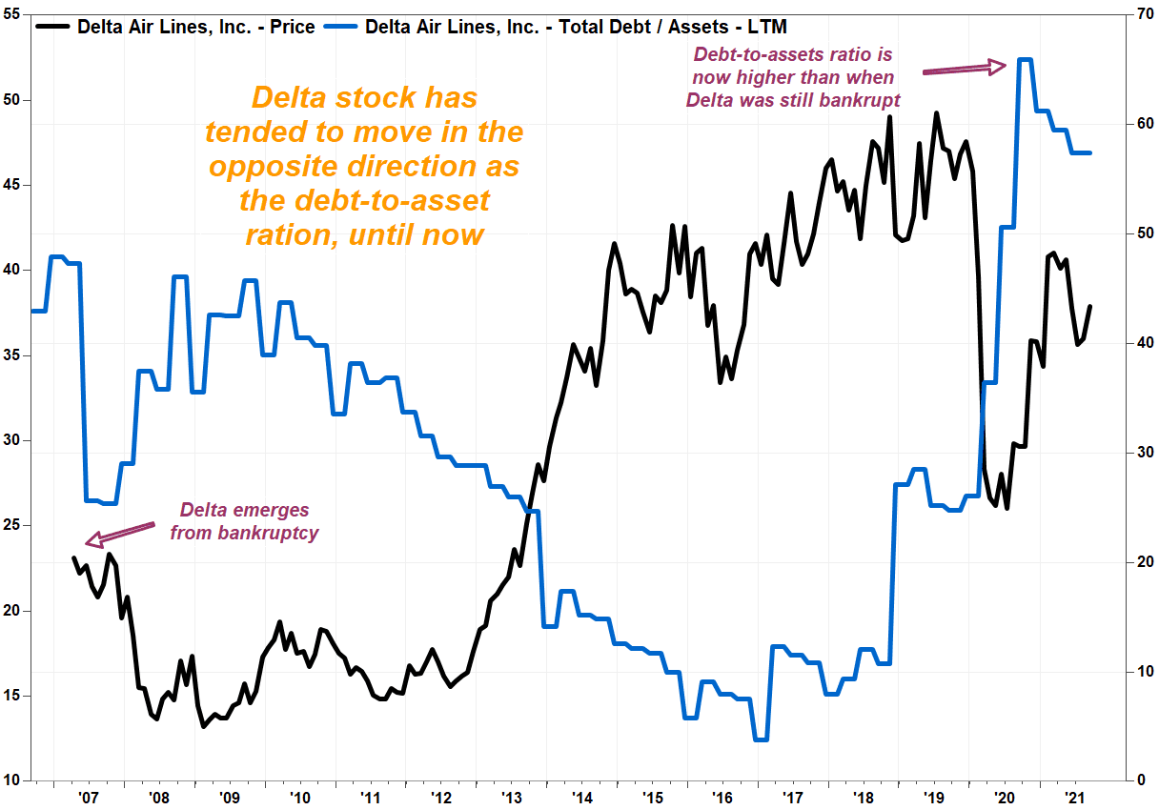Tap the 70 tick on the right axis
click(1143, 14)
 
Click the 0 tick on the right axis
click(1138, 781)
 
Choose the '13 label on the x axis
click(511, 798)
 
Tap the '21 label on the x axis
click(1074, 798)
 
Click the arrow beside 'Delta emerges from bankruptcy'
click(119, 534)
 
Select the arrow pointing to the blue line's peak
click(964, 69)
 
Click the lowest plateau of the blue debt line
click(760, 739)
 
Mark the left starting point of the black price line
click(74, 558)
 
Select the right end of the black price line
click(1089, 306)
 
